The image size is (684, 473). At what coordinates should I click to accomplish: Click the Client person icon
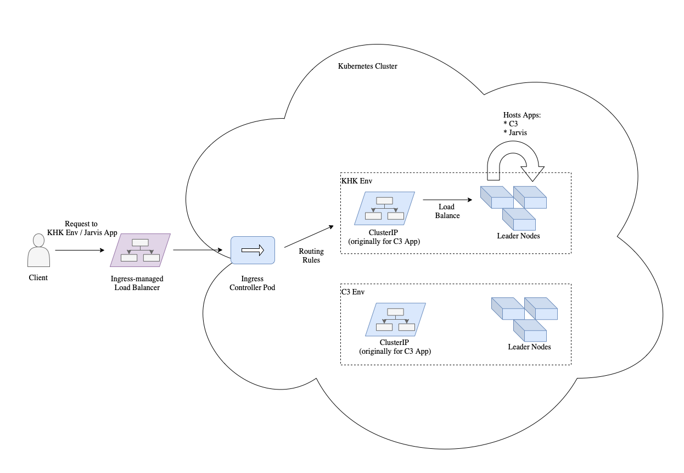coord(38,251)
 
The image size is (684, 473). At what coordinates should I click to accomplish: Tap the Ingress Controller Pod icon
coord(253,251)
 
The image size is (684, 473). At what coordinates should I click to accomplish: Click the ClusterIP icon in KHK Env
coord(384,208)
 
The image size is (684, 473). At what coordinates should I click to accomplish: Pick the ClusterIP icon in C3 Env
coord(395,320)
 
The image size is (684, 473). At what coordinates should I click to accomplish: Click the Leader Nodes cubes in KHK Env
coord(513,208)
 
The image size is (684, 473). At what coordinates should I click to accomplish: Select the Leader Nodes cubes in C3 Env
coord(524,319)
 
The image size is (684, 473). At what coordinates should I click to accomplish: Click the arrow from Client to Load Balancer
coord(80,251)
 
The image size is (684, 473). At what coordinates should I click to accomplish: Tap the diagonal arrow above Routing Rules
coord(309,237)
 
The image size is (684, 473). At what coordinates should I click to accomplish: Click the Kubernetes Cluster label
coord(367,66)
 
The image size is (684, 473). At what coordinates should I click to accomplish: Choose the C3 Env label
coord(353,291)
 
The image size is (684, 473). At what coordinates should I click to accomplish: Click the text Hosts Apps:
coord(522,115)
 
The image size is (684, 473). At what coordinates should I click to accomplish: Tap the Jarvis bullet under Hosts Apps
coord(516,132)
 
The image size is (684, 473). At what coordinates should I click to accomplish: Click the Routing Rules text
coord(311,255)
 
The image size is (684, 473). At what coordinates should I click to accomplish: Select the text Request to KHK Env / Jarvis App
coord(82,228)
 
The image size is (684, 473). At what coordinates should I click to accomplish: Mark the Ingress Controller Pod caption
coord(253,283)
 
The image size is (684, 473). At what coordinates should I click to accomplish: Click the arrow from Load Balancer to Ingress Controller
coord(198,251)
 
